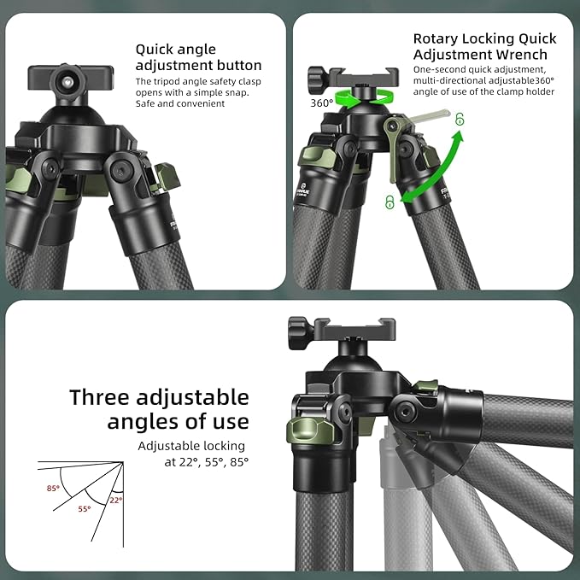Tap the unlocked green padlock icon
(460, 120)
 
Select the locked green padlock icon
(389, 202)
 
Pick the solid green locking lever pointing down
(392, 154)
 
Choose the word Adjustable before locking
(171, 446)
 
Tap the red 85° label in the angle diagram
(53, 489)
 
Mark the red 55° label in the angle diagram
(84, 507)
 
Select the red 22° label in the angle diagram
(114, 499)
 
